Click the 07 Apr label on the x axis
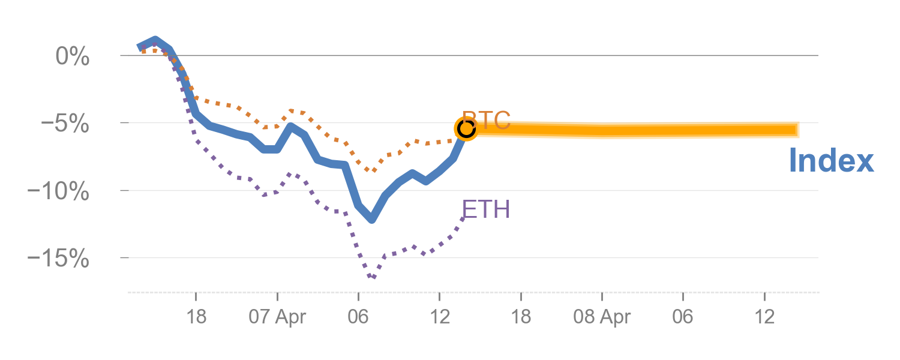click(x=277, y=317)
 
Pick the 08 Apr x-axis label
click(x=602, y=317)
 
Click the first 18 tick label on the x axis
click(x=196, y=317)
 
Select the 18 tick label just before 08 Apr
click(x=521, y=317)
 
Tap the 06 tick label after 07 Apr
click(x=358, y=317)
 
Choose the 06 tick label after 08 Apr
click(x=683, y=317)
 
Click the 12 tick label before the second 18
click(x=439, y=317)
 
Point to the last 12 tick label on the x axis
click(x=764, y=317)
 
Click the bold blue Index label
click(x=831, y=161)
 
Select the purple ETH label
click(x=486, y=209)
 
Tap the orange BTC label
click(x=486, y=120)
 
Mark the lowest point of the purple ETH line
click(x=373, y=277)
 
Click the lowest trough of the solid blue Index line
click(x=373, y=220)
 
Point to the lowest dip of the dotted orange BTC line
click(x=374, y=171)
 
